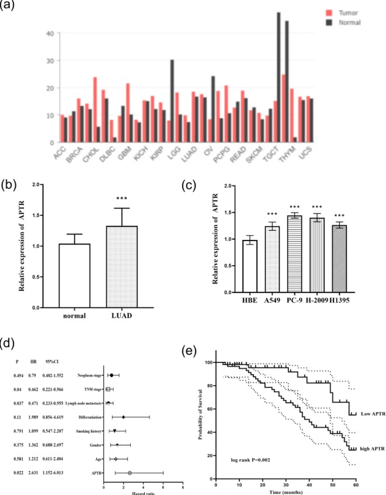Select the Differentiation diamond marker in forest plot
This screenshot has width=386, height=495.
coord(123,417)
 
